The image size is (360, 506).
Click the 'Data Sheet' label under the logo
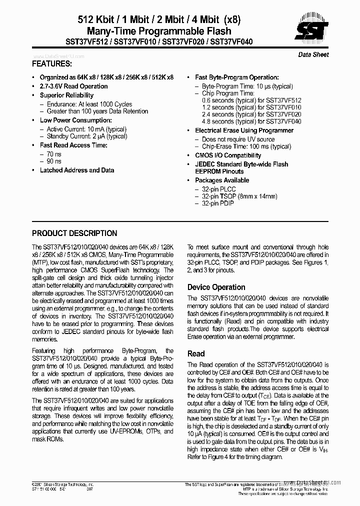click(x=313, y=54)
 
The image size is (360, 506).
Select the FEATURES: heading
click(x=52, y=64)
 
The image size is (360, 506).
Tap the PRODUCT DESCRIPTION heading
click(x=74, y=233)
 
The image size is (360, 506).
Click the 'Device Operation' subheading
click(x=216, y=287)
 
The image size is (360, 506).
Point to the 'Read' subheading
click(x=196, y=353)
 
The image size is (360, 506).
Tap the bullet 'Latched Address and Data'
click(x=77, y=170)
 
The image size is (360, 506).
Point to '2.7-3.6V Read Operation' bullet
click(x=73, y=86)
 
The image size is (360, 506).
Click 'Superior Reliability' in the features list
click(x=66, y=95)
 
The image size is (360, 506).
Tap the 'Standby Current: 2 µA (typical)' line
click(x=86, y=136)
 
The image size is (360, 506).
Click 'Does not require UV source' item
click(x=238, y=139)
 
